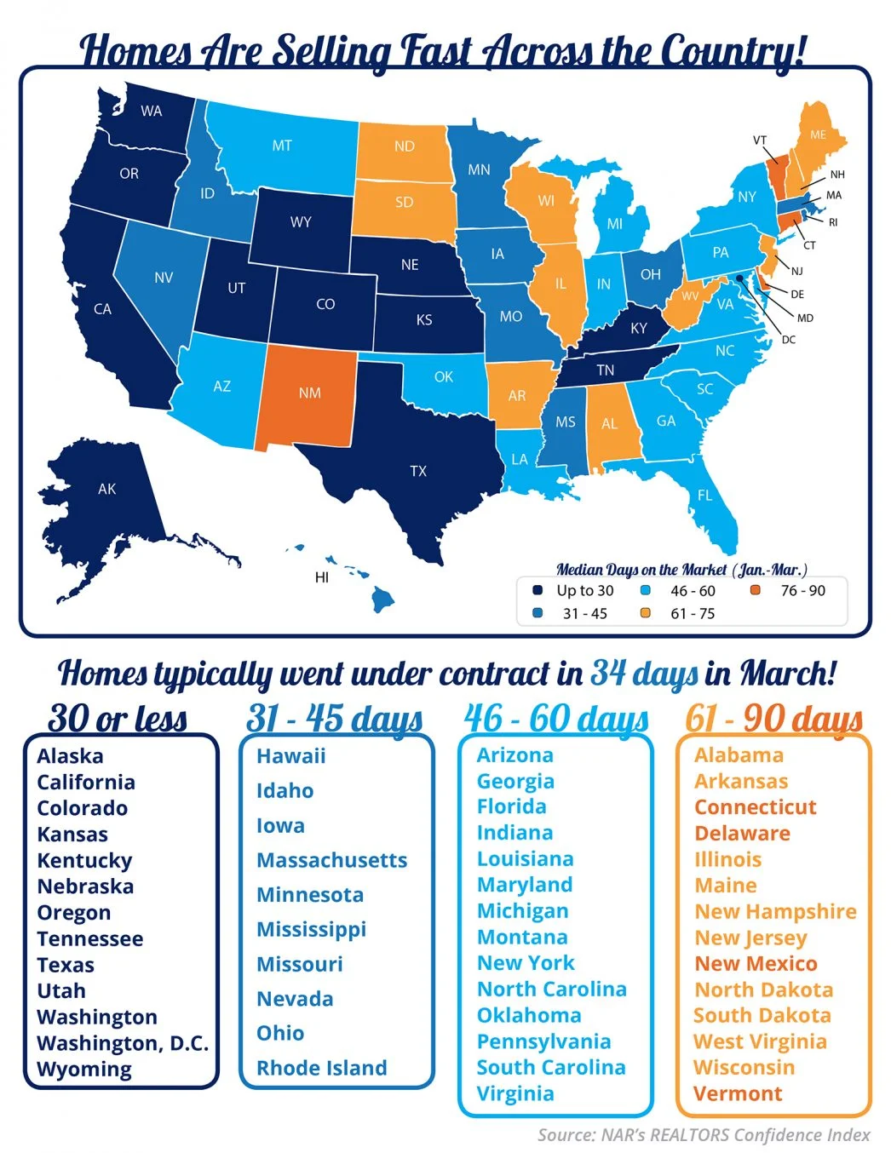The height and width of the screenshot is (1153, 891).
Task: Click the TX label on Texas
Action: click(x=418, y=471)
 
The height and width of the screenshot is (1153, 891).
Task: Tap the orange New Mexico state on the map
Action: click(x=309, y=393)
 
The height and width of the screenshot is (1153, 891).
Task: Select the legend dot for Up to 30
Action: click(x=537, y=590)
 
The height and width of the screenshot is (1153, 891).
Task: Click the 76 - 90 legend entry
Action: click(x=802, y=590)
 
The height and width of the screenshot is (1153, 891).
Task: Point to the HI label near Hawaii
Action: click(x=321, y=577)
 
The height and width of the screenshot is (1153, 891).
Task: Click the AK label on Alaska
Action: click(x=106, y=489)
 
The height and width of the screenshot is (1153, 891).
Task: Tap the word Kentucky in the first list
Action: click(x=84, y=860)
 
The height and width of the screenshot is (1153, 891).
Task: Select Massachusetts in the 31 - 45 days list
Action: click(x=331, y=860)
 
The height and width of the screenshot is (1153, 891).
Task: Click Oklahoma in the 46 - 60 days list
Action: click(x=529, y=1015)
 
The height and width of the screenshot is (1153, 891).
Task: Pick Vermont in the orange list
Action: click(x=737, y=1093)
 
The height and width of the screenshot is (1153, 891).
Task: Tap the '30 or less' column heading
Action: click(x=118, y=718)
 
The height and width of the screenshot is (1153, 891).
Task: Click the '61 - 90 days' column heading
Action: click(x=773, y=718)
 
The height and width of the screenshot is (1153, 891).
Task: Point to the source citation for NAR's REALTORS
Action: click(x=704, y=1134)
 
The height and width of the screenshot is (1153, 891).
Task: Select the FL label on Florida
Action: click(x=704, y=495)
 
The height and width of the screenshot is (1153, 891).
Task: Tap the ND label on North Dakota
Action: click(x=404, y=146)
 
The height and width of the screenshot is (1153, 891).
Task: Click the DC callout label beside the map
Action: click(x=789, y=340)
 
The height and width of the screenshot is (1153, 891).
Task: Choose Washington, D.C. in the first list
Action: click(x=123, y=1043)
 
